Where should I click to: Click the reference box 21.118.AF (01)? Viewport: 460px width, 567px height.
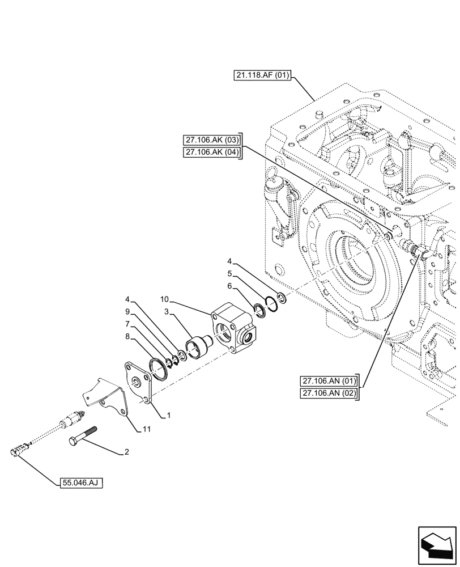[261, 75]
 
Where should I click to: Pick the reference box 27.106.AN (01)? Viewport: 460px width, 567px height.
[329, 382]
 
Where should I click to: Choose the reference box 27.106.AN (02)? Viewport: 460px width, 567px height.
[329, 393]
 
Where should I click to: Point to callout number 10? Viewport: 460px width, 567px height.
[164, 299]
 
